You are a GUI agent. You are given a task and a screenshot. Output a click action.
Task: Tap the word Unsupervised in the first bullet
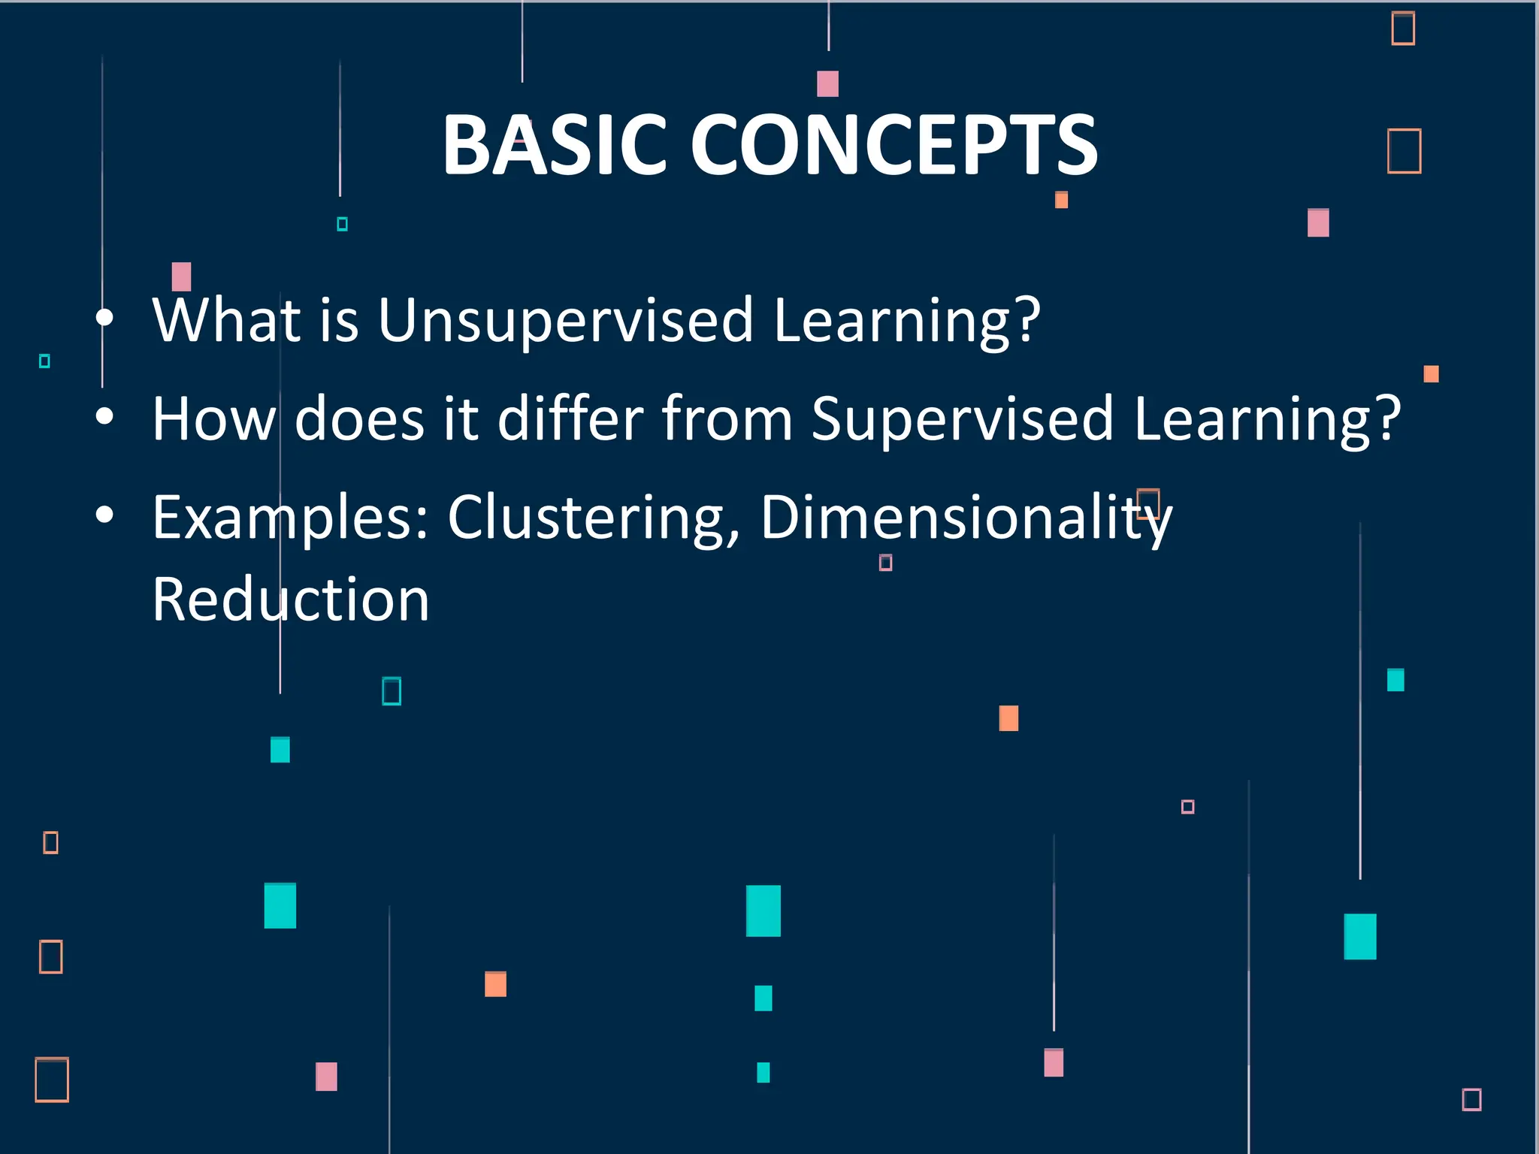point(565,321)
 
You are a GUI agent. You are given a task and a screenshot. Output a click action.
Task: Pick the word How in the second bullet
point(214,418)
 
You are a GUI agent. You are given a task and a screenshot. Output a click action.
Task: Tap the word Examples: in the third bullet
point(290,518)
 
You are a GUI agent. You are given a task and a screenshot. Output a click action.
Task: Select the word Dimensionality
point(966,518)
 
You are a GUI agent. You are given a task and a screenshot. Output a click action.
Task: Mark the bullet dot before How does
point(105,416)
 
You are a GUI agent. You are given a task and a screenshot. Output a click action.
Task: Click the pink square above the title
point(827,83)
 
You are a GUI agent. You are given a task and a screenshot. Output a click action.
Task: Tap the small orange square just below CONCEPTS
point(1061,200)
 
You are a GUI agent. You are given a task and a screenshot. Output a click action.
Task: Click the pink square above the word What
point(181,276)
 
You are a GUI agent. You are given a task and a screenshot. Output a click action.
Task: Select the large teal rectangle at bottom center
point(763,911)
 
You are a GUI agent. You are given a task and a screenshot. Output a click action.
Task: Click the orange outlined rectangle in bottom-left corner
point(52,1080)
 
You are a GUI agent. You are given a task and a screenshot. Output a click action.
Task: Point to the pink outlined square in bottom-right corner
point(1471,1099)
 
